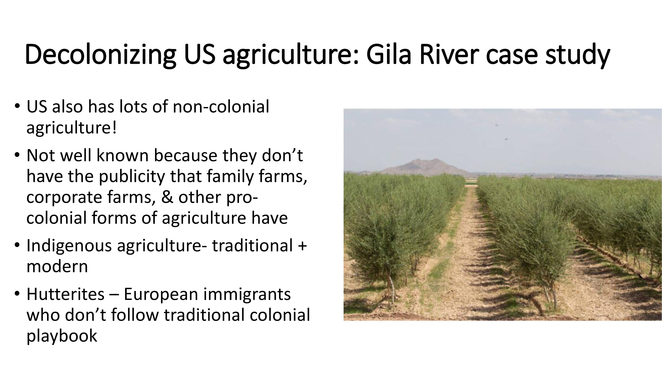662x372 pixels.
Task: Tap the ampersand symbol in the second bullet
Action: point(167,197)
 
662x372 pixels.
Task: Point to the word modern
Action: point(57,266)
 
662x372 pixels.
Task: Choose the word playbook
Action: point(62,336)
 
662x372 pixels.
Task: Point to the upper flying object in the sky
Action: point(497,125)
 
